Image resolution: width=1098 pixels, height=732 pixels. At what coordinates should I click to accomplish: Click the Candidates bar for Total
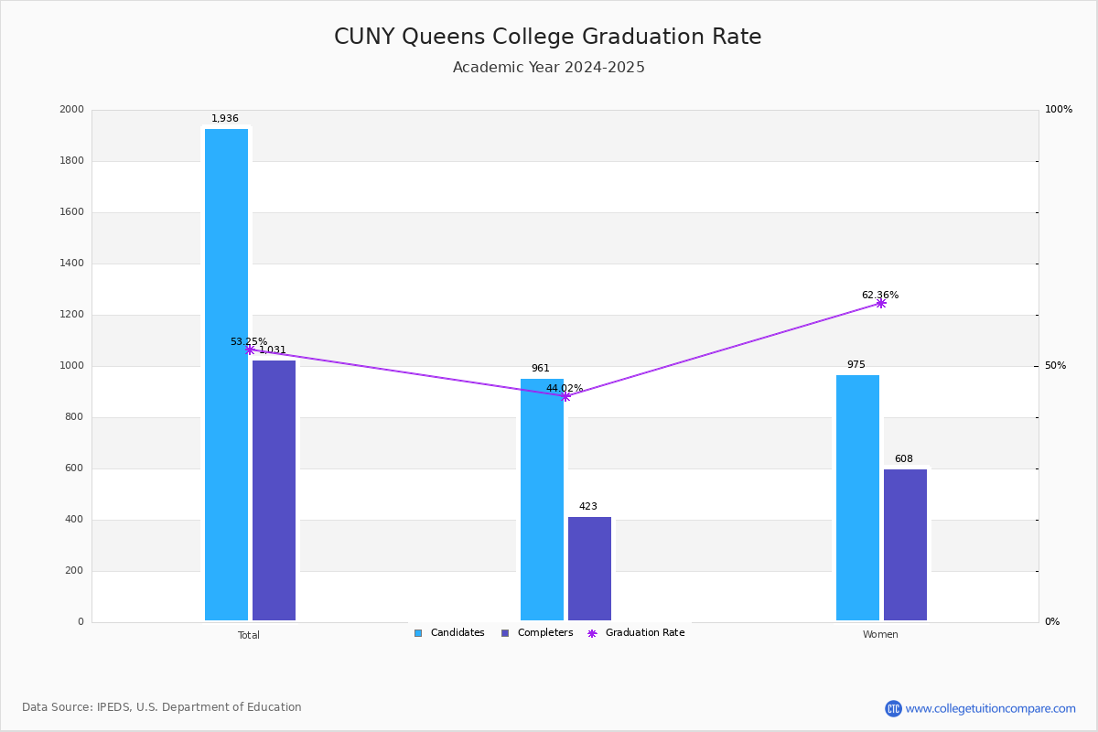(x=226, y=375)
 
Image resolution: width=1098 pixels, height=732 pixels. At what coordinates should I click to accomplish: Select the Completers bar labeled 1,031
(x=274, y=490)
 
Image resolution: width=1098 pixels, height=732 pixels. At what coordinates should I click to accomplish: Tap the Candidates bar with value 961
(x=542, y=500)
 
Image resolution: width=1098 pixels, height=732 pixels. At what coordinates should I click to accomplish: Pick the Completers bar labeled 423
(x=589, y=568)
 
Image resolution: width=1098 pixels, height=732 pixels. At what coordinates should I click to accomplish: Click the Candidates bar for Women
(x=857, y=498)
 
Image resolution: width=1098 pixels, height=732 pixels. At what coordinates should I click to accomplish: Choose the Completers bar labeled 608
(x=905, y=544)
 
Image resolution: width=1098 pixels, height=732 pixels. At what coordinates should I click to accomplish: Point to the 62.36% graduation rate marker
(x=881, y=303)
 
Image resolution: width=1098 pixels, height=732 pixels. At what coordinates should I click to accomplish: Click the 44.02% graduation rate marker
(x=565, y=396)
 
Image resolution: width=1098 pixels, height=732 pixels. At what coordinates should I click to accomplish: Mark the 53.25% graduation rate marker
(x=250, y=350)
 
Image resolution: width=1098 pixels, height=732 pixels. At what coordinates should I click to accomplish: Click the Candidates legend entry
(x=449, y=633)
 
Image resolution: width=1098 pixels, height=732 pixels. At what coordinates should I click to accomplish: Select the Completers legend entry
(x=537, y=633)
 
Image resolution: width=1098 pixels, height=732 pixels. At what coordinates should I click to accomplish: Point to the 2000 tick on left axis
(x=71, y=110)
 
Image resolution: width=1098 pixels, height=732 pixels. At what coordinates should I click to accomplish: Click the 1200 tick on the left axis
(x=71, y=315)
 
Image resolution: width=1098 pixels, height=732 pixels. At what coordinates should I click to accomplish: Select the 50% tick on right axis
(x=1055, y=366)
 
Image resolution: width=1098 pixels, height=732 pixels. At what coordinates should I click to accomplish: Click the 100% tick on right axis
(x=1058, y=110)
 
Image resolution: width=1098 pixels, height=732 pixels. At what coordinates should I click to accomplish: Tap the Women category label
(x=880, y=635)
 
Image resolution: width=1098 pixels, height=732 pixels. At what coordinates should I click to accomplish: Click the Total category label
(x=249, y=635)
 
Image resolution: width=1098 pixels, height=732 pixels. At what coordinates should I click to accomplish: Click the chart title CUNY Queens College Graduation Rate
(x=547, y=37)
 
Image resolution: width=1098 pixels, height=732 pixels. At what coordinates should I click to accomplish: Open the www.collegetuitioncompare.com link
(x=990, y=708)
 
